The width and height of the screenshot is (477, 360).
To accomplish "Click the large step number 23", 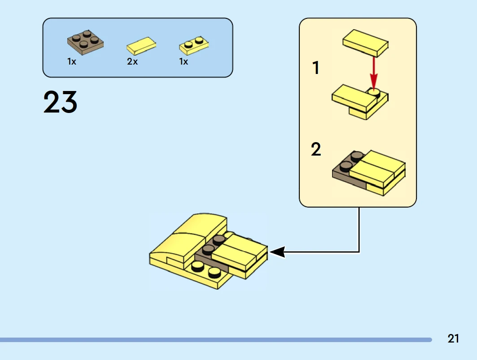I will [60, 102].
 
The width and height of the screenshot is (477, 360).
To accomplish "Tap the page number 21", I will [453, 339].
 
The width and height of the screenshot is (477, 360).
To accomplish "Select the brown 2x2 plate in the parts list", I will [85, 41].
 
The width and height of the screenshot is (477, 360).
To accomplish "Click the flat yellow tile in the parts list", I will [141, 45].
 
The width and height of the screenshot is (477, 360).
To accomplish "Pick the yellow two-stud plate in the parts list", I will [194, 45].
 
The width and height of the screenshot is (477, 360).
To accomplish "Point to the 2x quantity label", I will [132, 62].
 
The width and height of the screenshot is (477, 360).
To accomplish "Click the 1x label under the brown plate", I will [72, 62].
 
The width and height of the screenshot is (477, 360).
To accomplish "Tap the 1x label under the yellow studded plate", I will [184, 62].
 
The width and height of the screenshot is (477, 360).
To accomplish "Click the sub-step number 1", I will [316, 68].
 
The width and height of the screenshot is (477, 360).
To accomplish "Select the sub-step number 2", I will [316, 150].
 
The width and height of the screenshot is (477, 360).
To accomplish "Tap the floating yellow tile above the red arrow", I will [365, 43].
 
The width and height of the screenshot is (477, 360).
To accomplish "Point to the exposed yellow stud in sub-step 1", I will [374, 92].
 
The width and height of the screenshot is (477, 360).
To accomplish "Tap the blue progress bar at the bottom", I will [215, 340].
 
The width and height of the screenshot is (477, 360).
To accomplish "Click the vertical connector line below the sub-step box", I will [359, 229].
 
